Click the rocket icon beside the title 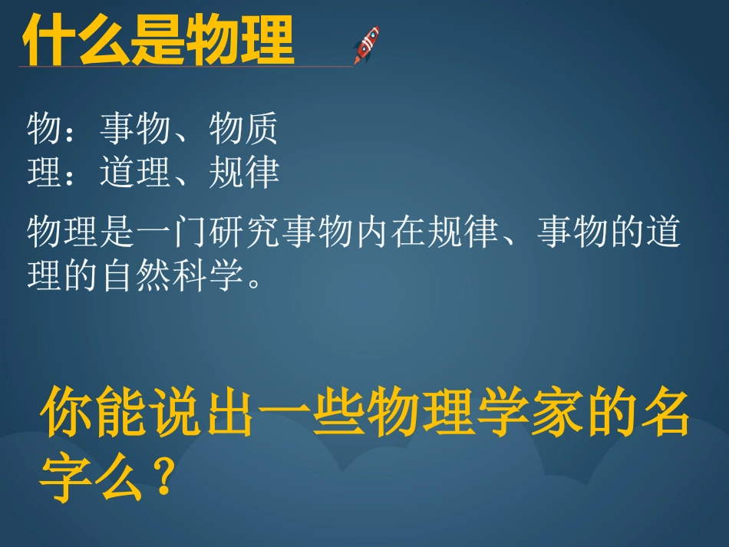[366, 44]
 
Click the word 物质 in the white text [243, 129]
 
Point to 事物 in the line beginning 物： [134, 129]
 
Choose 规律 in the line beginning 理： [243, 173]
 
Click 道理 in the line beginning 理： [134, 173]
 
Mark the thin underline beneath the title [184, 67]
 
